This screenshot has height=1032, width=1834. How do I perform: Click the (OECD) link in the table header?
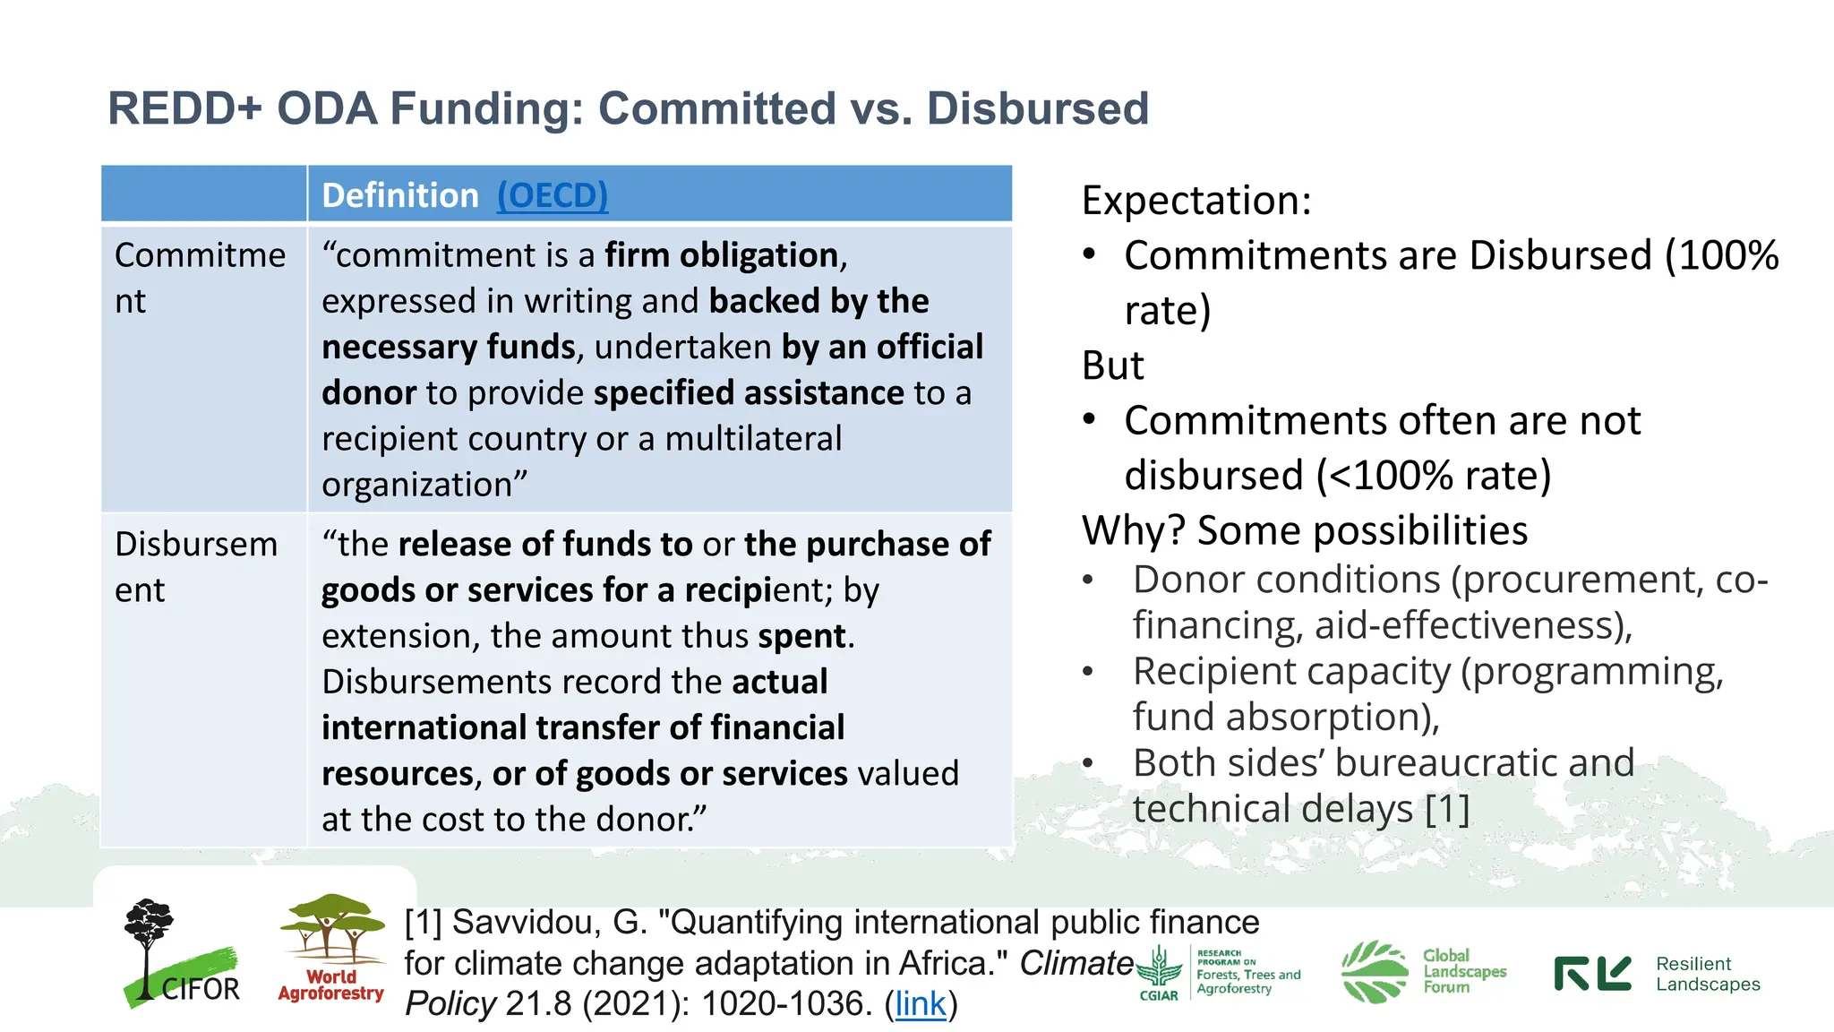click(553, 195)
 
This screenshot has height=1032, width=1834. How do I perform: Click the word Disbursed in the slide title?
click(1037, 108)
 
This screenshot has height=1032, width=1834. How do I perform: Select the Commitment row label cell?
click(201, 278)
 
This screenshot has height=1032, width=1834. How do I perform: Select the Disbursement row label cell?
click(196, 567)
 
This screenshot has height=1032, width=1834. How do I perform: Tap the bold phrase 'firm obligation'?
click(721, 255)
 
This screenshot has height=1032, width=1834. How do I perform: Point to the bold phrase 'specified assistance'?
click(749, 393)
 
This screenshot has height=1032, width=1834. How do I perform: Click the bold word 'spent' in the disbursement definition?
click(801, 636)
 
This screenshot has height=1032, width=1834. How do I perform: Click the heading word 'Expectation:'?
click(1196, 200)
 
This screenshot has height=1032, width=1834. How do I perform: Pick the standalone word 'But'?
click(1113, 365)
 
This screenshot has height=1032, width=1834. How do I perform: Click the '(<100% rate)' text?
click(1434, 475)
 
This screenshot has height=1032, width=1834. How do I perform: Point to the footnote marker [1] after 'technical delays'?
click(1447, 809)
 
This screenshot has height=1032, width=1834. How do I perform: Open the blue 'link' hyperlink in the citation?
click(920, 1003)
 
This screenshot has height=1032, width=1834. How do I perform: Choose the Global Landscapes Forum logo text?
click(1464, 971)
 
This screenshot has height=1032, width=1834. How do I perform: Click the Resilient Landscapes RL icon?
click(1592, 974)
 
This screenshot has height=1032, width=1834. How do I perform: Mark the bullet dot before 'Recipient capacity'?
click(1088, 671)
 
